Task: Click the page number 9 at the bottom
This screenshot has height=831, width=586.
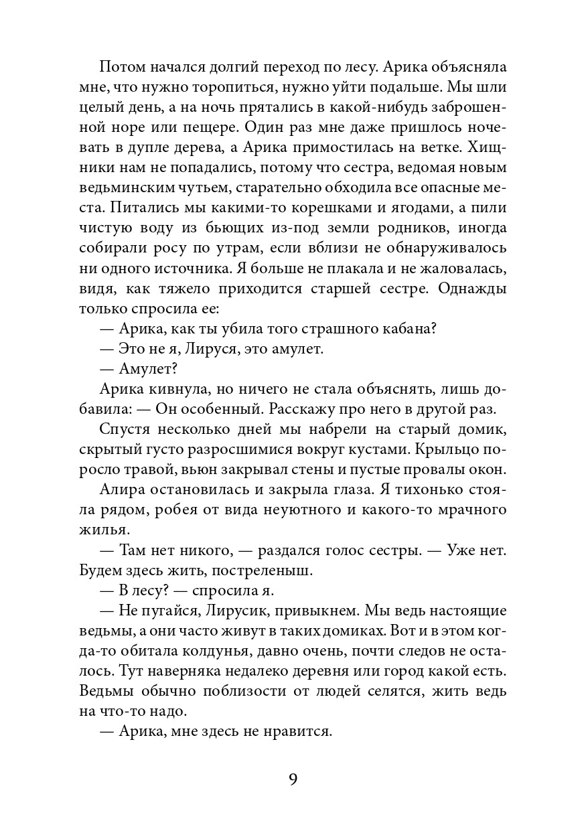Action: point(293,779)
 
